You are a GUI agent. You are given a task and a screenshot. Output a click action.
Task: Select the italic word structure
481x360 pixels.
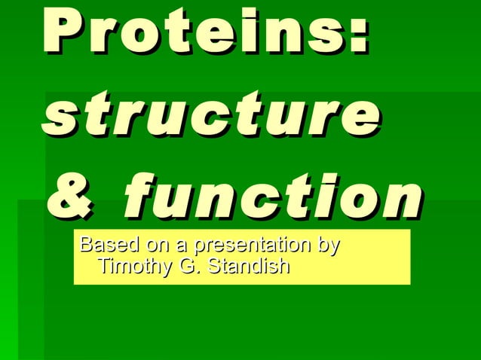tap(212, 116)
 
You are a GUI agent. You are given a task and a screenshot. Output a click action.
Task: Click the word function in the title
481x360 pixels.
tap(271, 197)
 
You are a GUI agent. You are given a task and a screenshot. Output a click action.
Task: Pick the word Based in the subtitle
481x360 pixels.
tap(104, 246)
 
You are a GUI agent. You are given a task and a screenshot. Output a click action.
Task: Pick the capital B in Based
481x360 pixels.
tap(85, 246)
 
